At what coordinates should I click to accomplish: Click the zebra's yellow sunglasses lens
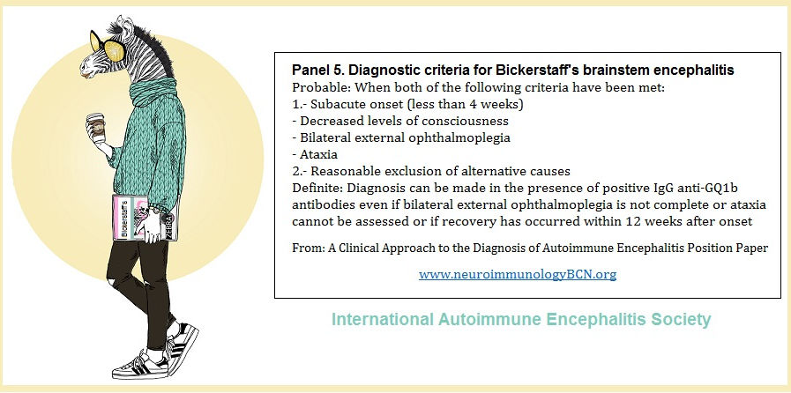point(115,49)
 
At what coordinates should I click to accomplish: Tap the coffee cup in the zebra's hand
point(95,127)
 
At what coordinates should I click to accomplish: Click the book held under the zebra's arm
point(145,219)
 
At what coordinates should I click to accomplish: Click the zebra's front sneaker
point(139,368)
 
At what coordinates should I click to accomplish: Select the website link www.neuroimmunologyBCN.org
point(518,275)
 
